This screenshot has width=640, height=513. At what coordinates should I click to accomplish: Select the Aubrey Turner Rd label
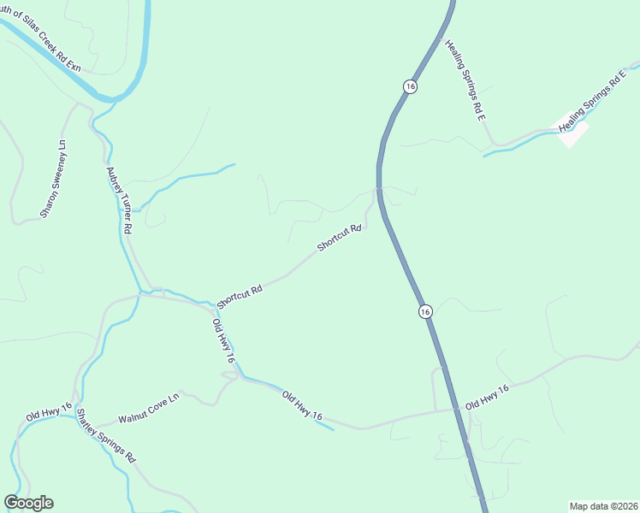click(x=119, y=200)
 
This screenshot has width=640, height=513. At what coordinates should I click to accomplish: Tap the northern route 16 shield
click(x=411, y=87)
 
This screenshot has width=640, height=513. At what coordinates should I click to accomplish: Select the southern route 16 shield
click(x=425, y=312)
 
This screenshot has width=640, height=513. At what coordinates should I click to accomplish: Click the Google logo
click(x=28, y=503)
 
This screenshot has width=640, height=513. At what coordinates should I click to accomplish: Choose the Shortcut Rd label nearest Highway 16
click(x=341, y=238)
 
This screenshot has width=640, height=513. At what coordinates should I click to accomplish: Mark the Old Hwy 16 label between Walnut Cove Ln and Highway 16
click(x=302, y=404)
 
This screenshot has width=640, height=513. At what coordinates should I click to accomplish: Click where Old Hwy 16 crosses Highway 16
click(x=458, y=409)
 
